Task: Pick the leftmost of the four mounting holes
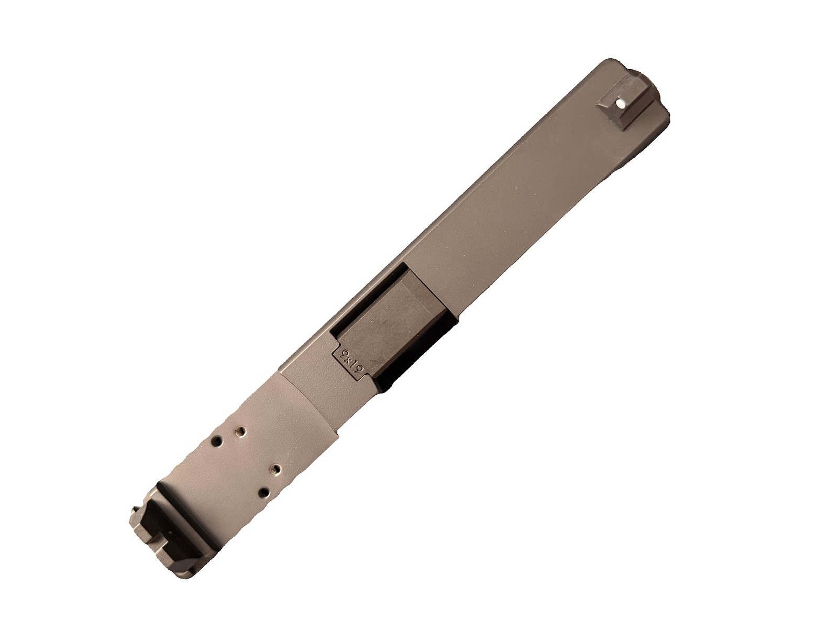pos(216,440)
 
